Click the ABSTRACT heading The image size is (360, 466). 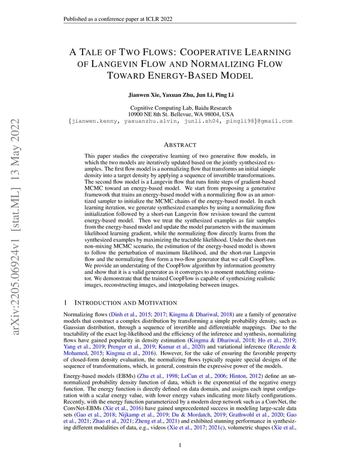coord(180,145)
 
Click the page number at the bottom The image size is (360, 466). coord(180,445)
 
